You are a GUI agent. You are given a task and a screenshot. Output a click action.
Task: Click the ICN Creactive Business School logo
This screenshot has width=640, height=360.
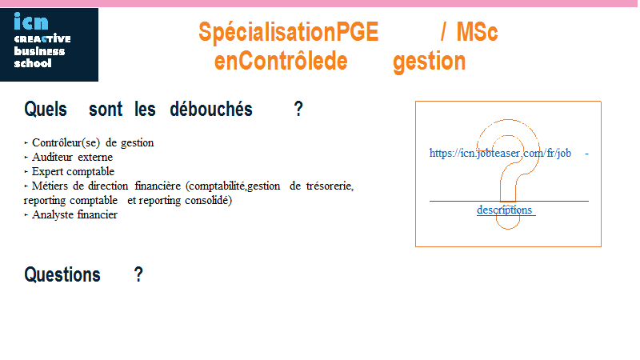(49, 45)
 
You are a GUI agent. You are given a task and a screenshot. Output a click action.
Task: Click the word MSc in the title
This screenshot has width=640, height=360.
(477, 32)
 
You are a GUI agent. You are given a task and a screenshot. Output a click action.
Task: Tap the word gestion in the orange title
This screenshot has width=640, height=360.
(429, 62)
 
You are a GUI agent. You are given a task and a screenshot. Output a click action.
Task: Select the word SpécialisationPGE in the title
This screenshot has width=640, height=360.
(289, 32)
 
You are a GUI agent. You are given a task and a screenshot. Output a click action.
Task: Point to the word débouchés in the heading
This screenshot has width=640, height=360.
(211, 109)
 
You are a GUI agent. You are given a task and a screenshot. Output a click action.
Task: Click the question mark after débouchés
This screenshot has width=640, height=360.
(298, 109)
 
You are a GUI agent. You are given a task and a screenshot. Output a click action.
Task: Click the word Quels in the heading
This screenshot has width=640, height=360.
(46, 109)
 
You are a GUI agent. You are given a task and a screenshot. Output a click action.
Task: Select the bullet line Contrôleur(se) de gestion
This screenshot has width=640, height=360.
(89, 143)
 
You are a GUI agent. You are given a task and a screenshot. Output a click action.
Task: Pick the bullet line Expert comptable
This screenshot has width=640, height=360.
(69, 172)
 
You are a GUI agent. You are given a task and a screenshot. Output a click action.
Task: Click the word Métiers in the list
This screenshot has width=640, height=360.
(50, 186)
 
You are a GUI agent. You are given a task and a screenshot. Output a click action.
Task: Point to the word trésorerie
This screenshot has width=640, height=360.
(330, 186)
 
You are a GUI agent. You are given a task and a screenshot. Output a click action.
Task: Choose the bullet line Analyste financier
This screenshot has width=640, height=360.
(70, 214)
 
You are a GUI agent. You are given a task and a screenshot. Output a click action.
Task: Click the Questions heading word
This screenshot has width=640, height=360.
(62, 274)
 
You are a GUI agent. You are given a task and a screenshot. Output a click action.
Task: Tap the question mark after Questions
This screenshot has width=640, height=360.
(138, 274)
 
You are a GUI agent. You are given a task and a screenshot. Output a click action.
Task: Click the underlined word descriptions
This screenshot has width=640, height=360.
(505, 210)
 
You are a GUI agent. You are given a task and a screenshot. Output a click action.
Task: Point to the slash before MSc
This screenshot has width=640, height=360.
(443, 32)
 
